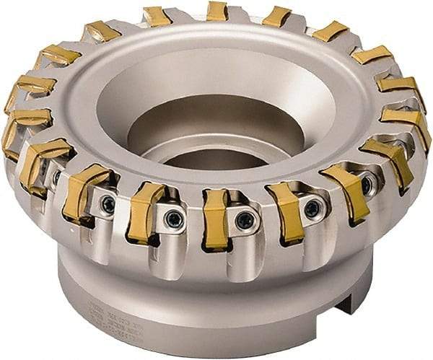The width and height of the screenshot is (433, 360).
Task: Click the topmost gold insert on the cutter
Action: [216, 11]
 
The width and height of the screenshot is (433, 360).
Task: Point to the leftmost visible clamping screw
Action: [56, 175]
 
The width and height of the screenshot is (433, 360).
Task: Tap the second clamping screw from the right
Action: [312, 208]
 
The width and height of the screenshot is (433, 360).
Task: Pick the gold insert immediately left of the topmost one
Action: [157, 16]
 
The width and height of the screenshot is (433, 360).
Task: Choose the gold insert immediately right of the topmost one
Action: [277, 17]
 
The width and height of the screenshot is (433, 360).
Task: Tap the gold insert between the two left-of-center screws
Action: [146, 213]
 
